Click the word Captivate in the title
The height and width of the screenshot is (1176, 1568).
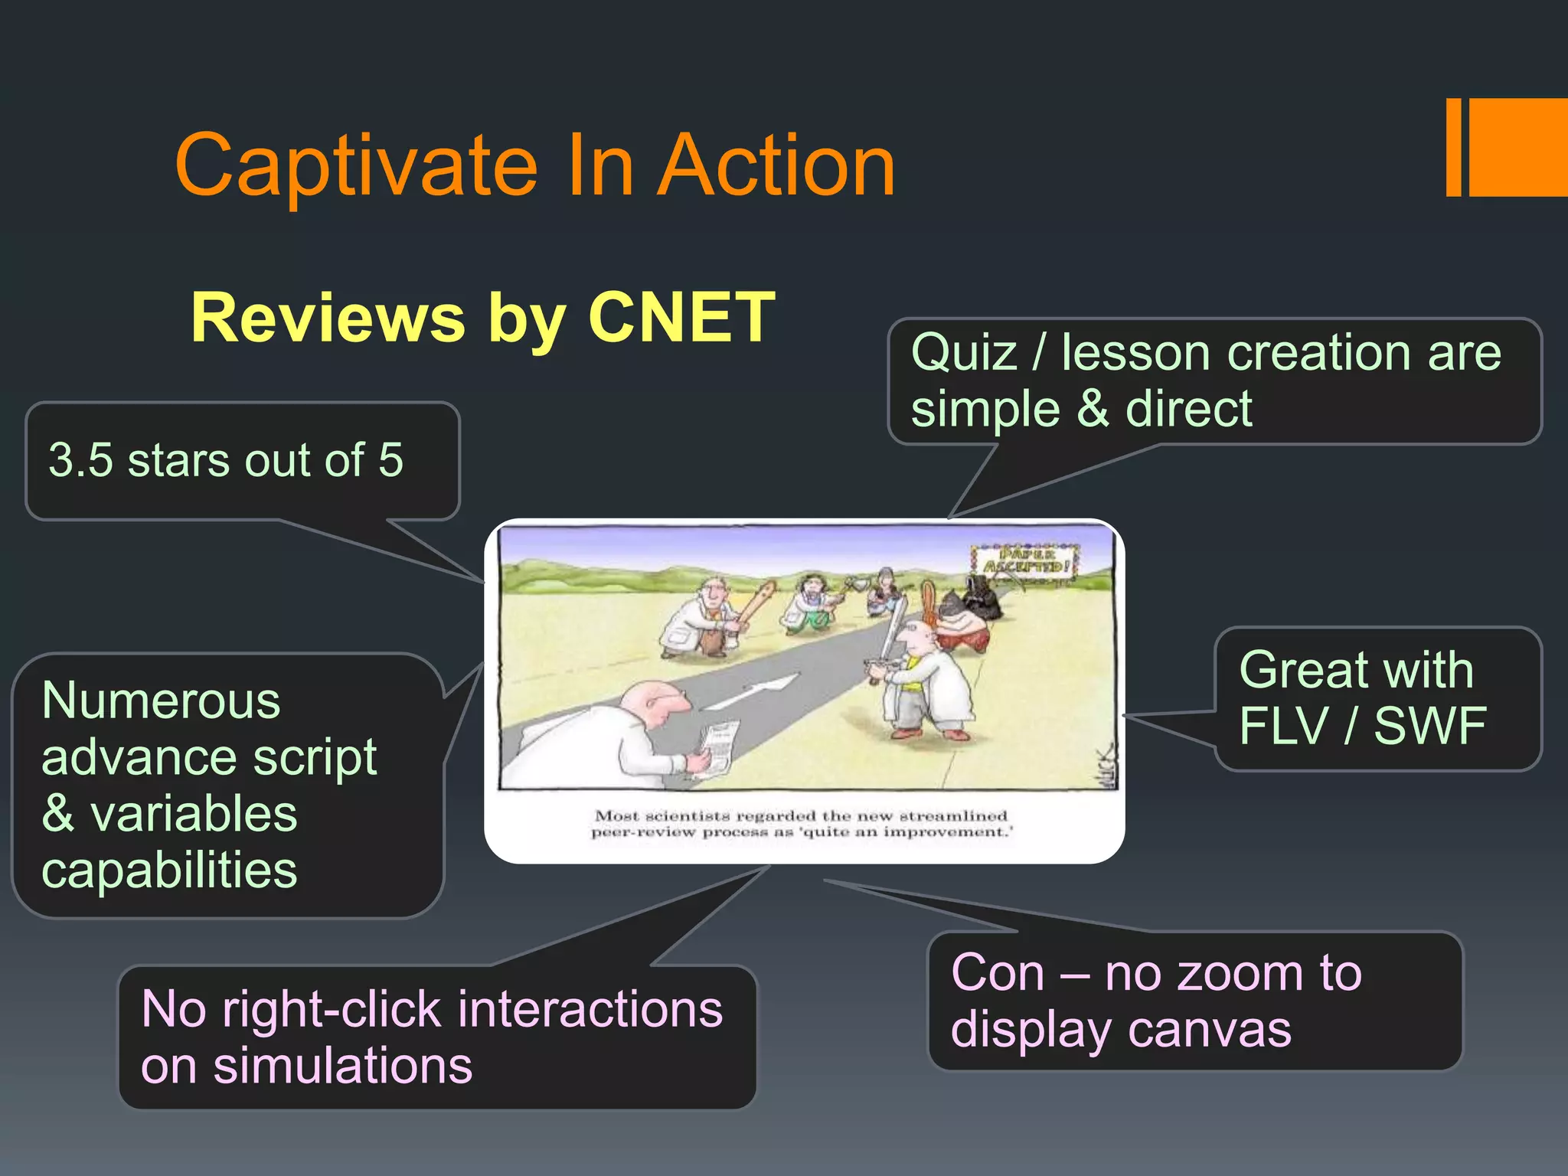click(357, 165)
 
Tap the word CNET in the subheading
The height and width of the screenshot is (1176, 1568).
click(681, 317)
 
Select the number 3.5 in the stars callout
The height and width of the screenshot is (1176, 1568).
click(80, 460)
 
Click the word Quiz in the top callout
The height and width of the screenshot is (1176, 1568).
click(964, 354)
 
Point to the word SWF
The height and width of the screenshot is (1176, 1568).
click(1429, 726)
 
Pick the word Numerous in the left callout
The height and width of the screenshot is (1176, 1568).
click(161, 701)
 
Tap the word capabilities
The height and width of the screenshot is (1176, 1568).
click(169, 871)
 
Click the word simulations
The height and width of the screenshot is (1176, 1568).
click(343, 1066)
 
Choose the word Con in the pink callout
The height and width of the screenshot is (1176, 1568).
click(998, 974)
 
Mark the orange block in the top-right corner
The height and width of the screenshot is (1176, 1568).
click(1516, 147)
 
